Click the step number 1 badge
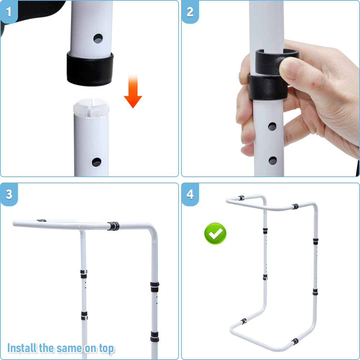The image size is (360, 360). tap(9, 12)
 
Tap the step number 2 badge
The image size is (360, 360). tap(190, 12)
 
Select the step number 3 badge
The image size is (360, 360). tap(9, 195)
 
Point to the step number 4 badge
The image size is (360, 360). tap(190, 195)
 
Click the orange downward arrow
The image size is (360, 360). tap(133, 92)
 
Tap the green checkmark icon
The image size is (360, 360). tap(215, 234)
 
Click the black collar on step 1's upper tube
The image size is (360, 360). tap(90, 68)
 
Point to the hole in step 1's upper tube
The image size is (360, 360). tap(98, 38)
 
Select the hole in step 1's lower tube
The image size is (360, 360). tap(96, 162)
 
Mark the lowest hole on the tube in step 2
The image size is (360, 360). tap(273, 161)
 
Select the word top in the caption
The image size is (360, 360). tap(105, 348)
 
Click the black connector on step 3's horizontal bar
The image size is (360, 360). tap(113, 226)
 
